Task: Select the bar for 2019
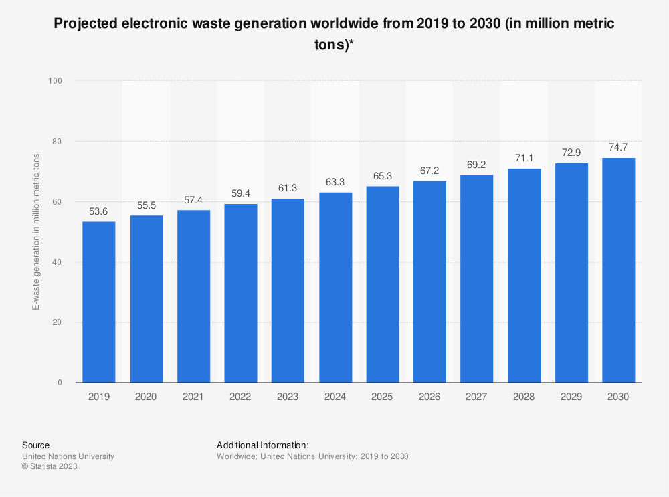tap(99, 302)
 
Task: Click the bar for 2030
tap(619, 270)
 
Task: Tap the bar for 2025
tap(383, 284)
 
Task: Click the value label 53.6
tap(99, 211)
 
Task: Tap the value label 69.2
tap(477, 165)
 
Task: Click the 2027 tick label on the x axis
tap(477, 397)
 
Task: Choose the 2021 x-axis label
tap(193, 397)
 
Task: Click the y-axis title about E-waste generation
tap(35, 232)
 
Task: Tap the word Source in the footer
tap(35, 445)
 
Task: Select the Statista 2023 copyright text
tap(50, 467)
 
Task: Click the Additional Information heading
tap(262, 445)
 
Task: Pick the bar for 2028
tap(524, 276)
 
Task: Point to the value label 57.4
tap(193, 200)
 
